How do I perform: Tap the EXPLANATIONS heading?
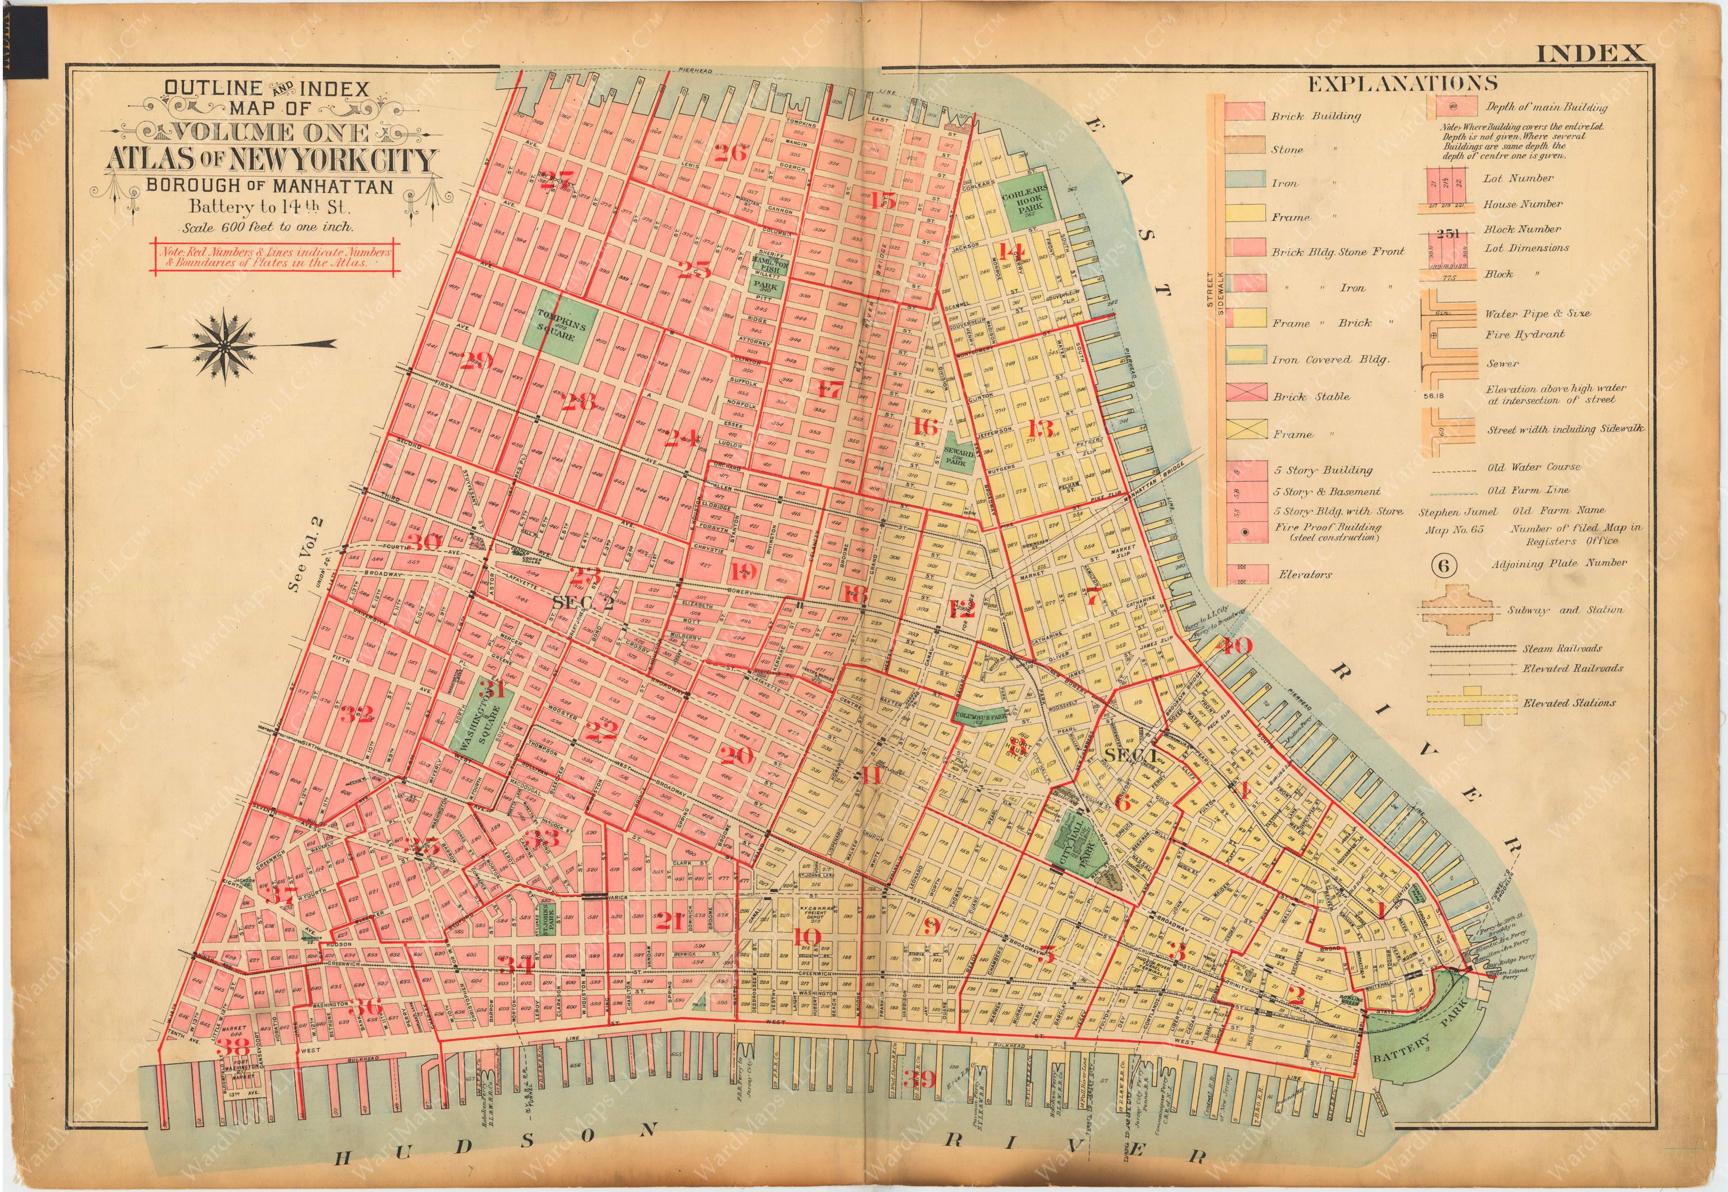(x=1402, y=83)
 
